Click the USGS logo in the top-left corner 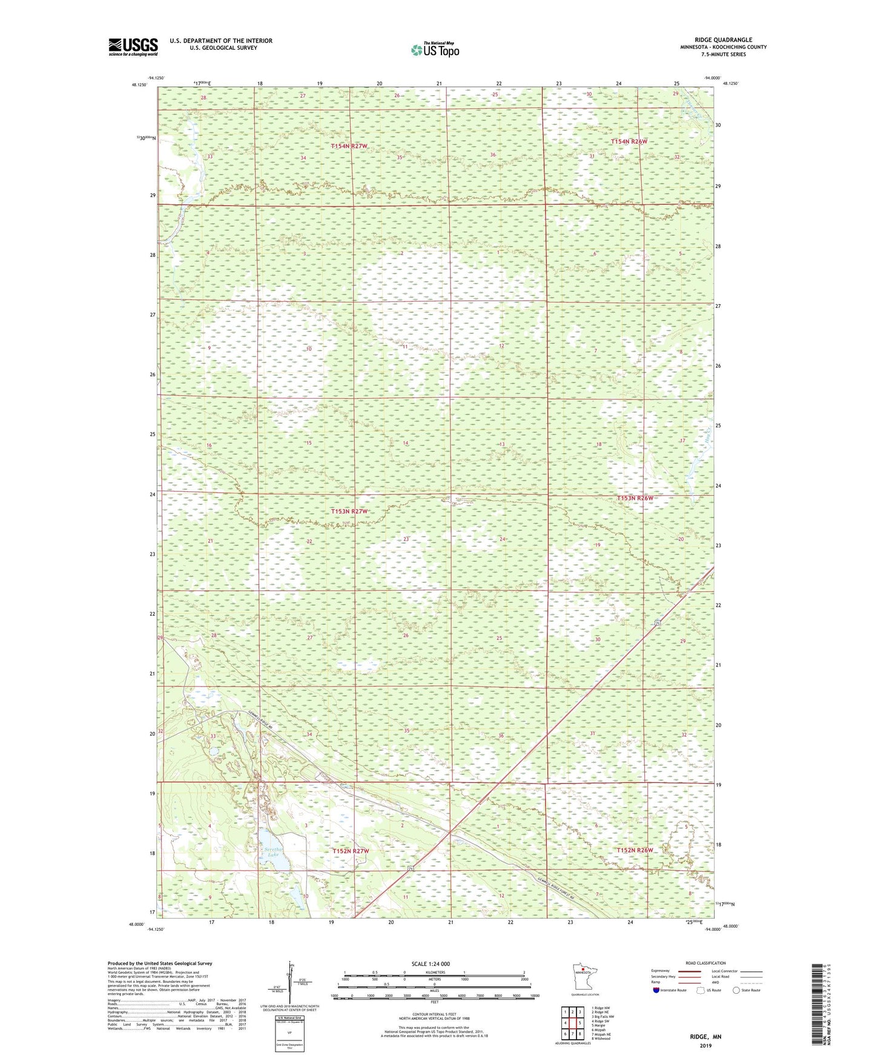(133, 47)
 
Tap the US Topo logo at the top (434, 50)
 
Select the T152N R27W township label (350, 851)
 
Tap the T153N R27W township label (349, 511)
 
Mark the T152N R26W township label (635, 850)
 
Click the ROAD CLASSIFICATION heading (705, 963)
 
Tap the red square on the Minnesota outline (583, 972)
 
